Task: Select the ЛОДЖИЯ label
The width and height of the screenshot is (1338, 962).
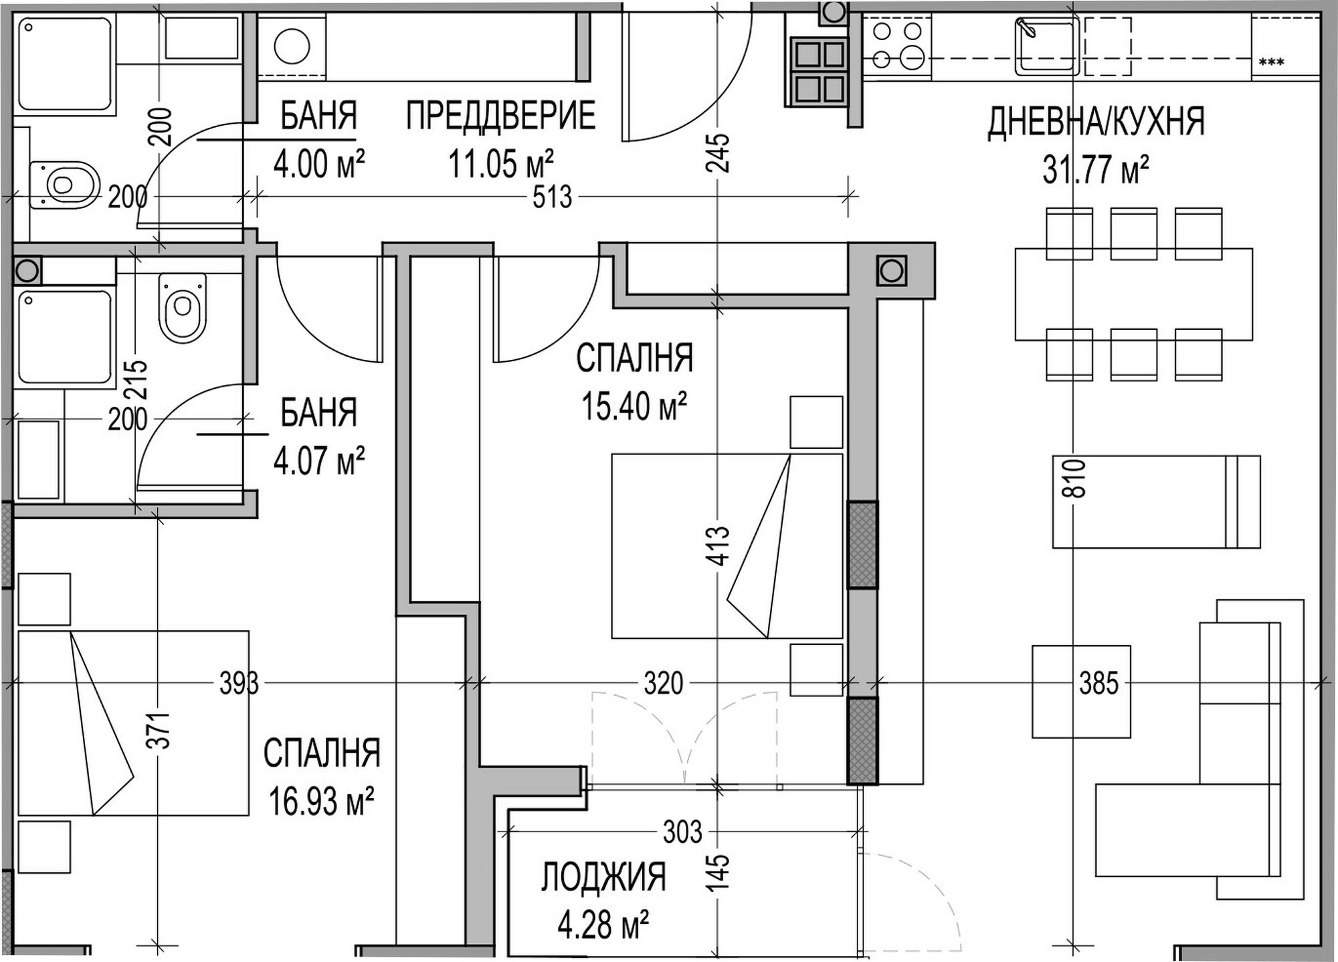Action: coord(603,877)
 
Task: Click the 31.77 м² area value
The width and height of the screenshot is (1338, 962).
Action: coord(1096,169)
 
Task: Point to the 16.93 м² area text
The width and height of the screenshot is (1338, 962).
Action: coord(321,801)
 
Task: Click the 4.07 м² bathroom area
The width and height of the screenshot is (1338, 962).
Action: coord(319,460)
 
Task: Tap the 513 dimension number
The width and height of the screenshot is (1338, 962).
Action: coord(553,197)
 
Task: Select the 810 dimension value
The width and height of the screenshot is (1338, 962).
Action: coord(1073,478)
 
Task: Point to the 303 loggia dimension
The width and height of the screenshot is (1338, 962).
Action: coord(682,832)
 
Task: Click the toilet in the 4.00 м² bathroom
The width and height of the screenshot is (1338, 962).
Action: coord(64,184)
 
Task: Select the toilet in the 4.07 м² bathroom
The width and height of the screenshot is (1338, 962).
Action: coord(182,308)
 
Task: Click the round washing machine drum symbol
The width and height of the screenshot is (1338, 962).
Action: coord(292,47)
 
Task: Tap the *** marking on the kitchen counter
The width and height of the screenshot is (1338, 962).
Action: coord(1271,62)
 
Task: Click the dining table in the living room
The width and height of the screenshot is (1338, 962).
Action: coord(1133,294)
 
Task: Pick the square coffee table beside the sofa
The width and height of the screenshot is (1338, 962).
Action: coord(1081,692)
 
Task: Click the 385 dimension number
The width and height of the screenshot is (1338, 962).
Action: coord(1098,684)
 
